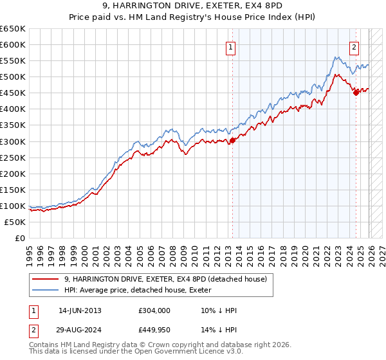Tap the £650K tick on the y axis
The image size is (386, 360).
(14, 29)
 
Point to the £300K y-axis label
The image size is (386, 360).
(14, 141)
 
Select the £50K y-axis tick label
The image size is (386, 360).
(15, 222)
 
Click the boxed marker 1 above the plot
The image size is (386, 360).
(230, 46)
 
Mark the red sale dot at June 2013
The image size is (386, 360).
(232, 140)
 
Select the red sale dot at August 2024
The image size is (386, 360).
(356, 93)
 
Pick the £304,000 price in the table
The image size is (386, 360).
(154, 310)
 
